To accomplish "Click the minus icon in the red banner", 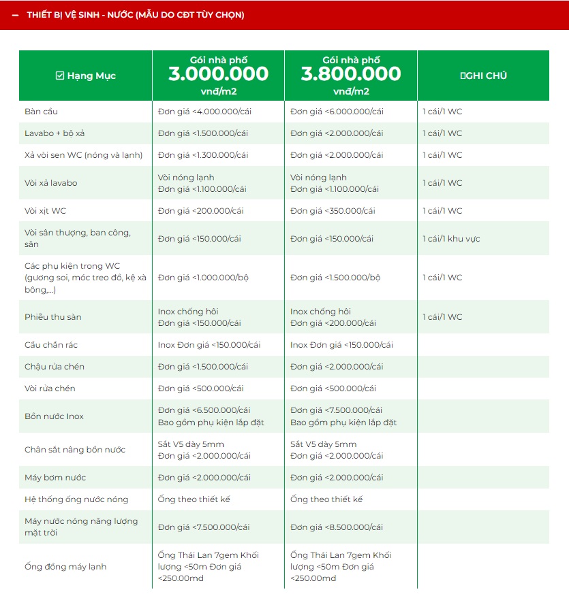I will (16, 15).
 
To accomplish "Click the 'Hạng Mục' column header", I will (86, 76).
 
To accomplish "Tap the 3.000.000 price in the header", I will (218, 74).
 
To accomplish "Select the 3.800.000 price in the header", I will (351, 74).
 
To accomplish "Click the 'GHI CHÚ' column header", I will (484, 76).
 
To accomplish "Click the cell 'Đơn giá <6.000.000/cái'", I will (337, 112).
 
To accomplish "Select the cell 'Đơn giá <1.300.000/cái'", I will (204, 155).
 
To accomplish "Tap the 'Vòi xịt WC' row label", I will (46, 211).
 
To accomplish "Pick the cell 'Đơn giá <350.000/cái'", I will (333, 211).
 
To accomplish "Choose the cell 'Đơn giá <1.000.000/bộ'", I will (202, 278).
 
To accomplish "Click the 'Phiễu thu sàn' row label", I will (53, 317).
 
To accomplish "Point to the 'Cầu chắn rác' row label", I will (51, 345).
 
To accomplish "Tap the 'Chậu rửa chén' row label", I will (55, 367).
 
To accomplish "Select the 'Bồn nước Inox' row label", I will (54, 416).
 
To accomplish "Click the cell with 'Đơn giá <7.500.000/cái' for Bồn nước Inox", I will (337, 410).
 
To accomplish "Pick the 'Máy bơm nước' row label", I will (55, 478).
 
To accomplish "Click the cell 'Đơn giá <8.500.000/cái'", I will (337, 527).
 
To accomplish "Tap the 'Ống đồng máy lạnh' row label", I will (65, 567).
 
